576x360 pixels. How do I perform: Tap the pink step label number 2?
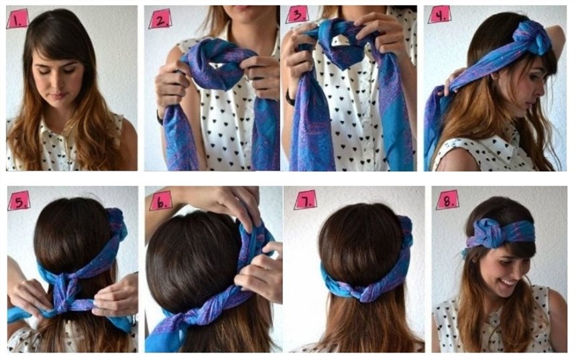point(160,19)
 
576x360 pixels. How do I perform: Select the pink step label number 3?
point(298,15)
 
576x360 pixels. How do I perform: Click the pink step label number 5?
point(19,202)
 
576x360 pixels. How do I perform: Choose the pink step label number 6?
point(161,201)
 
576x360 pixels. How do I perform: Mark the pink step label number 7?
point(306,200)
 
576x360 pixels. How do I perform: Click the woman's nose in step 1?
point(58,83)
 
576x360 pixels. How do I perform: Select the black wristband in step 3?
point(290,97)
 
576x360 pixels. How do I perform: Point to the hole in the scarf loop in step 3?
point(341,40)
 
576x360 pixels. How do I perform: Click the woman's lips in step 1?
point(57,96)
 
